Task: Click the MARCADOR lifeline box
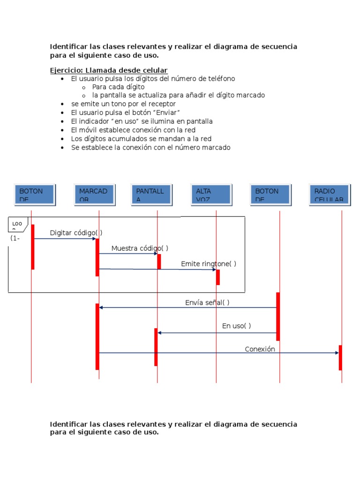point(94,195)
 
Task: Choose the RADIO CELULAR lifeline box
point(330,195)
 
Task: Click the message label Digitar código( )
point(76,233)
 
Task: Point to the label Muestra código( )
point(140,248)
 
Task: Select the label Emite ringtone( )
point(209,264)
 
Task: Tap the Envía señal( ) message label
point(207,303)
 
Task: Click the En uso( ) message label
point(236,326)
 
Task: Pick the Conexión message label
point(260,349)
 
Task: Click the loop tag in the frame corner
point(17,225)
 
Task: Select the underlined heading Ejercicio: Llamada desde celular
point(109,70)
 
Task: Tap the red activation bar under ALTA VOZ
point(218,277)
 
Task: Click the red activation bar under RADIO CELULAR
point(340,358)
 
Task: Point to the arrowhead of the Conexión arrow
point(337,353)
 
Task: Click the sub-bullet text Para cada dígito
point(118,87)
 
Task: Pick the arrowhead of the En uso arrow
point(160,333)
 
